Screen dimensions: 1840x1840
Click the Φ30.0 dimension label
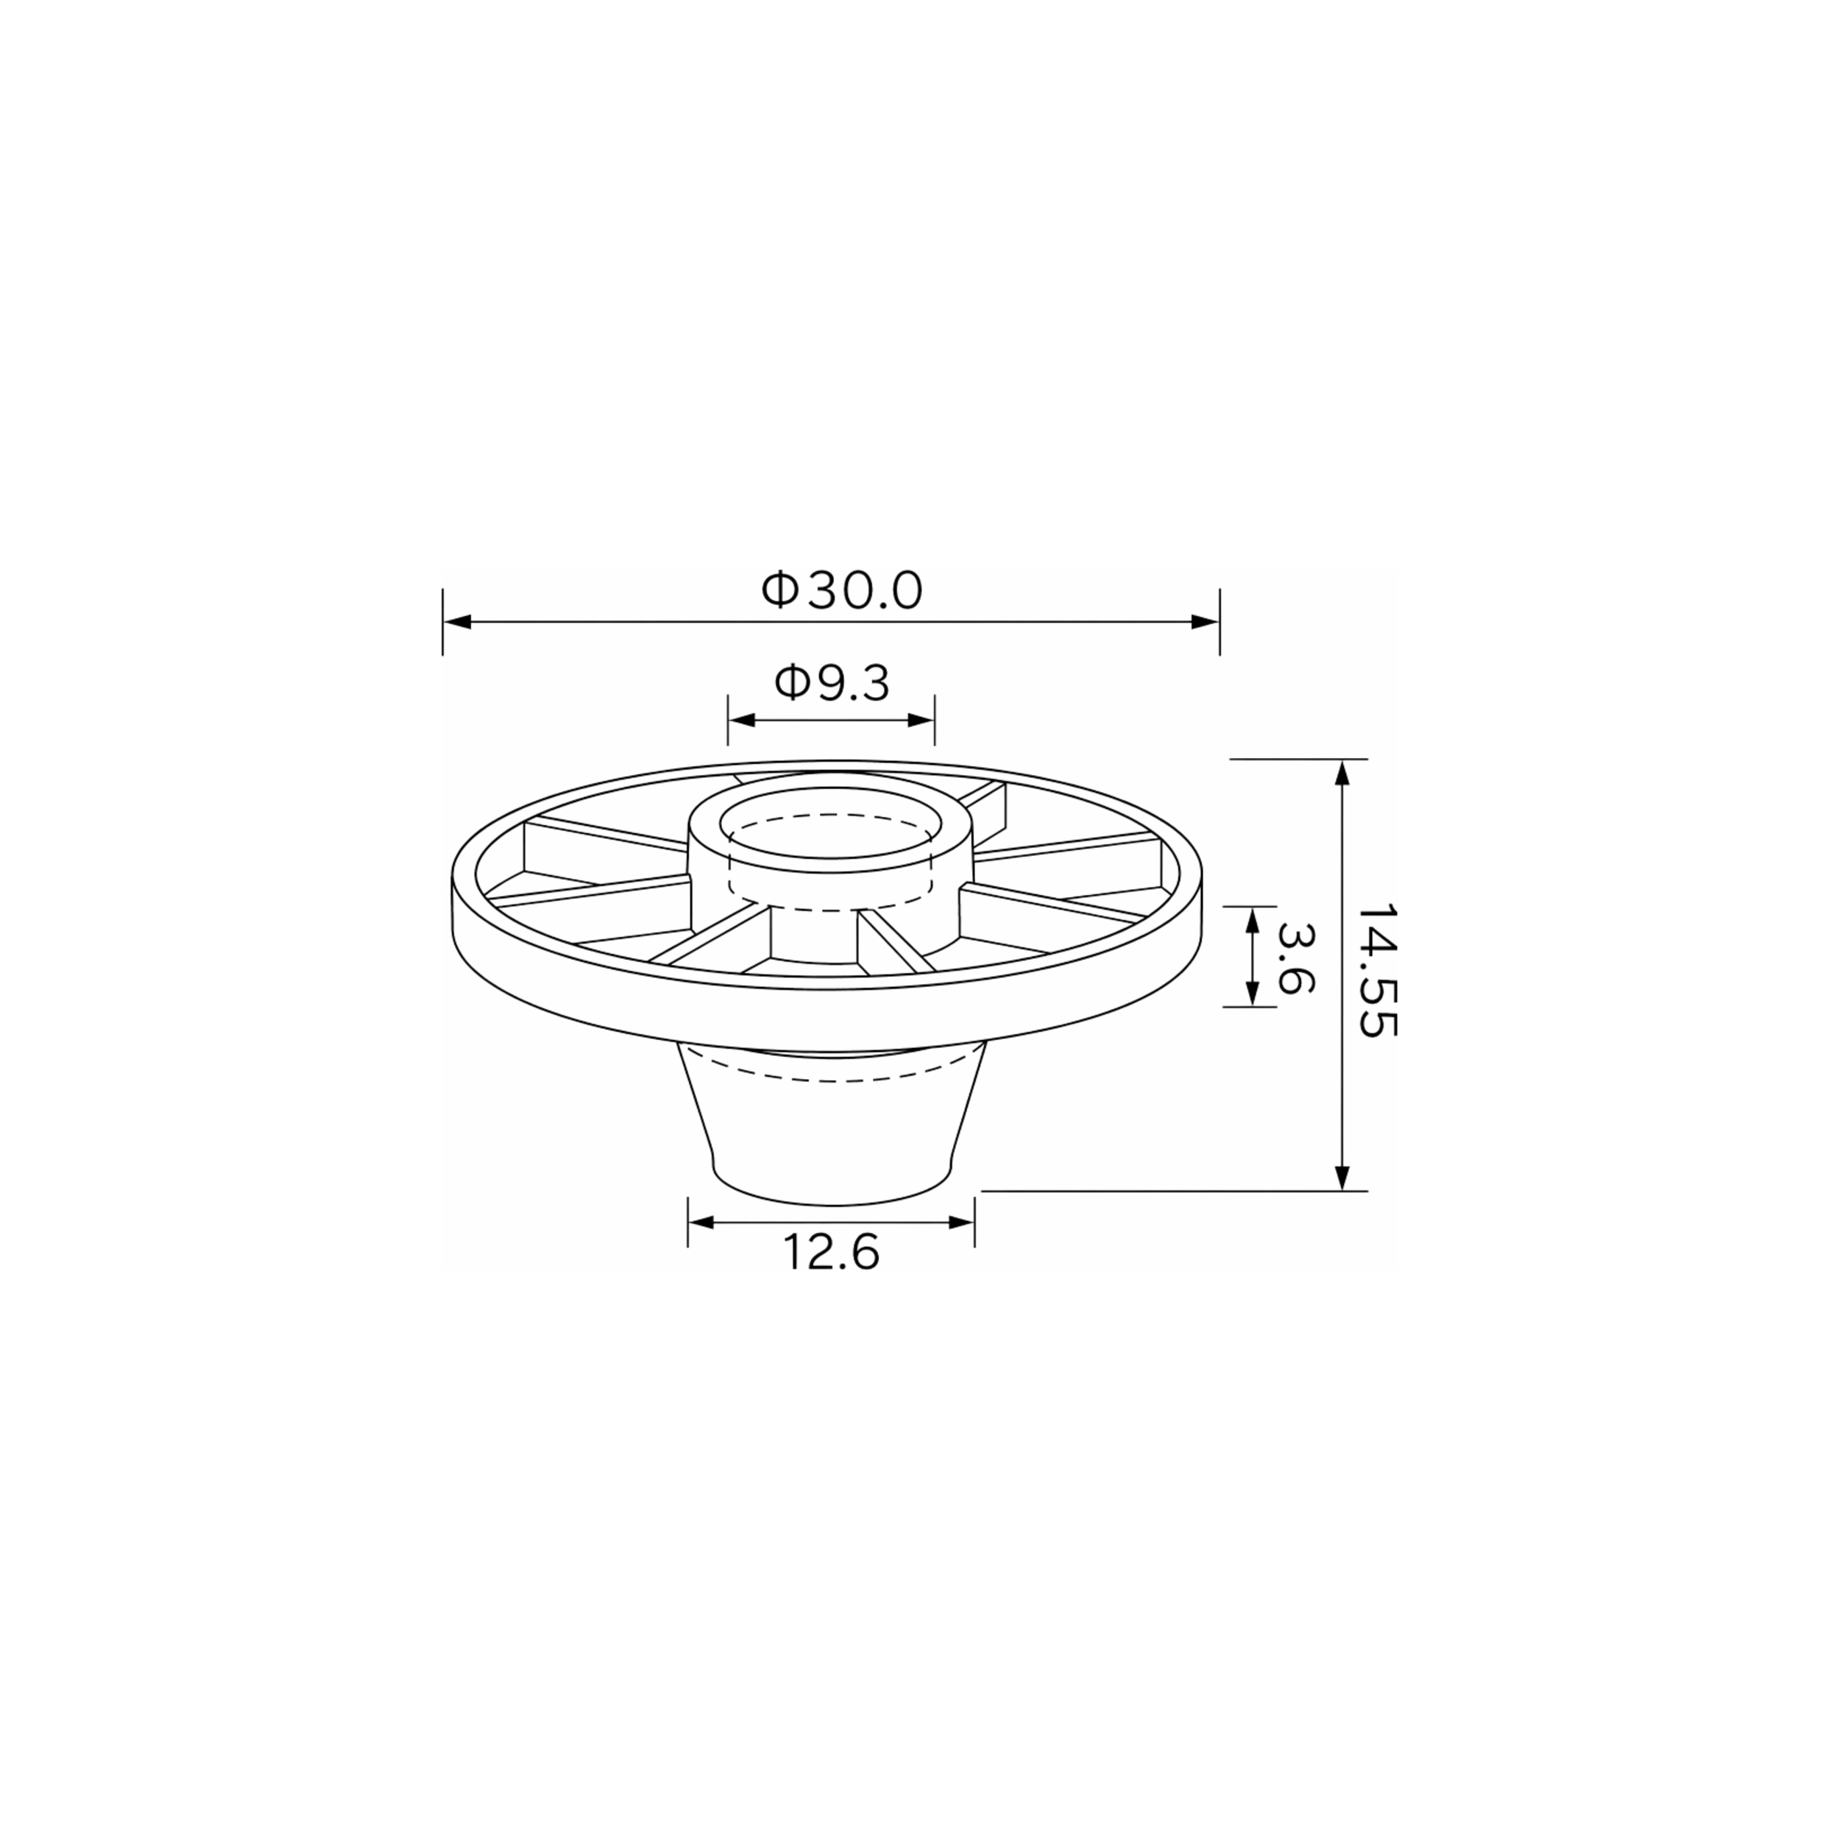842,592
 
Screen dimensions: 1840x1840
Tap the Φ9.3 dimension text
832,683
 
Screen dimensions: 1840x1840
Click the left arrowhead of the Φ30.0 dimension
458,622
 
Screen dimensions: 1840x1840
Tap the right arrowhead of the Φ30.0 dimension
1205,622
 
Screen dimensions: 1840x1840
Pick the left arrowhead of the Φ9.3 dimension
742,720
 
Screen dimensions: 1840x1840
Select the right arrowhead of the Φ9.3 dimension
921,720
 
